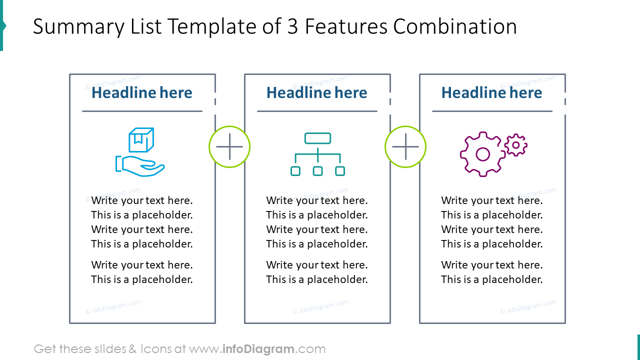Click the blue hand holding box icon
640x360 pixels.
click(140, 152)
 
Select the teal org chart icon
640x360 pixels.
click(317, 154)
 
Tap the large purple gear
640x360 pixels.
click(482, 154)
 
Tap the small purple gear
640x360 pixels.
click(515, 145)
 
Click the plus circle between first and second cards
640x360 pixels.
click(229, 147)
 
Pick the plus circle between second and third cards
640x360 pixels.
click(405, 147)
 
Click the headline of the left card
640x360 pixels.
click(142, 92)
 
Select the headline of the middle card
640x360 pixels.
click(317, 92)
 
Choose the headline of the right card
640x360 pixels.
click(492, 92)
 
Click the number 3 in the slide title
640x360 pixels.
click(292, 26)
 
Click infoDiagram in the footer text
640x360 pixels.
click(257, 349)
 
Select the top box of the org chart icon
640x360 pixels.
click(317, 138)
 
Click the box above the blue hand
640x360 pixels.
click(141, 139)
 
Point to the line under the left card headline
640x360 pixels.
click(142, 111)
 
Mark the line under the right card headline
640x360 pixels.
click(492, 111)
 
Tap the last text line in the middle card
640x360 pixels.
click(317, 279)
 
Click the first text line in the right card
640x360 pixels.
click(492, 200)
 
